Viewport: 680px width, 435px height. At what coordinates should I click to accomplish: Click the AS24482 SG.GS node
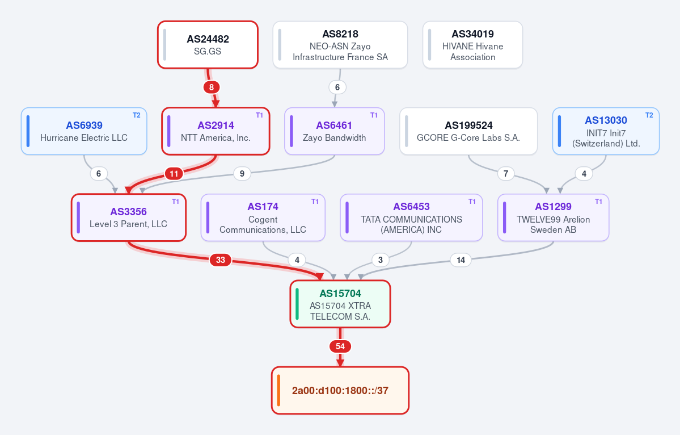208,45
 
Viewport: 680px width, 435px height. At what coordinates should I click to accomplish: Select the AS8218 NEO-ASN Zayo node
340,45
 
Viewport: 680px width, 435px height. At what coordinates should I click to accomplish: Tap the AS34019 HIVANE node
472,45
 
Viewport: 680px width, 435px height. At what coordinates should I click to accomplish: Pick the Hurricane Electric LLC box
84,131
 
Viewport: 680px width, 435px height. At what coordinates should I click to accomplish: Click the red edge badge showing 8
211,87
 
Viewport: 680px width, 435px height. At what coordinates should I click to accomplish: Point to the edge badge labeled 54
340,346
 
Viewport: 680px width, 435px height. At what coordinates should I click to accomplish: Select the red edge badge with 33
220,260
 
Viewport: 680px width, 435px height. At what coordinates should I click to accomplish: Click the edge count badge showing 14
461,260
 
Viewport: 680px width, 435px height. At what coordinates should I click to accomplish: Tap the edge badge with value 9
242,174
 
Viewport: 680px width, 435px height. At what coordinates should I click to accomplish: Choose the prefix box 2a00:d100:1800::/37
340,390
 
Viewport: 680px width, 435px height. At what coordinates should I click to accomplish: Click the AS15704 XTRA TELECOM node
340,304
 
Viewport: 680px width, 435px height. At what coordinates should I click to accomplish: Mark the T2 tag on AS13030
649,115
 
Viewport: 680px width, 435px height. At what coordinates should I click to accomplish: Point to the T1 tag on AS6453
472,202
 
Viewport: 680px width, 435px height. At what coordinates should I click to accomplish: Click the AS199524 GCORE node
468,131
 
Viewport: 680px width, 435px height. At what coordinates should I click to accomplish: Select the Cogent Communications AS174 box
263,217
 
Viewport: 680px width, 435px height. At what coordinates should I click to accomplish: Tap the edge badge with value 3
381,260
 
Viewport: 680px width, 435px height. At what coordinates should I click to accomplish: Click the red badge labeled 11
174,174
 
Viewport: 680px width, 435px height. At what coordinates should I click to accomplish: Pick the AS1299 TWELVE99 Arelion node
554,217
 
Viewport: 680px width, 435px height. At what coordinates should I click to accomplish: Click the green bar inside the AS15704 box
297,304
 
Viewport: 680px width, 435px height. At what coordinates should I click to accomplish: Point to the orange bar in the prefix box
278,390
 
